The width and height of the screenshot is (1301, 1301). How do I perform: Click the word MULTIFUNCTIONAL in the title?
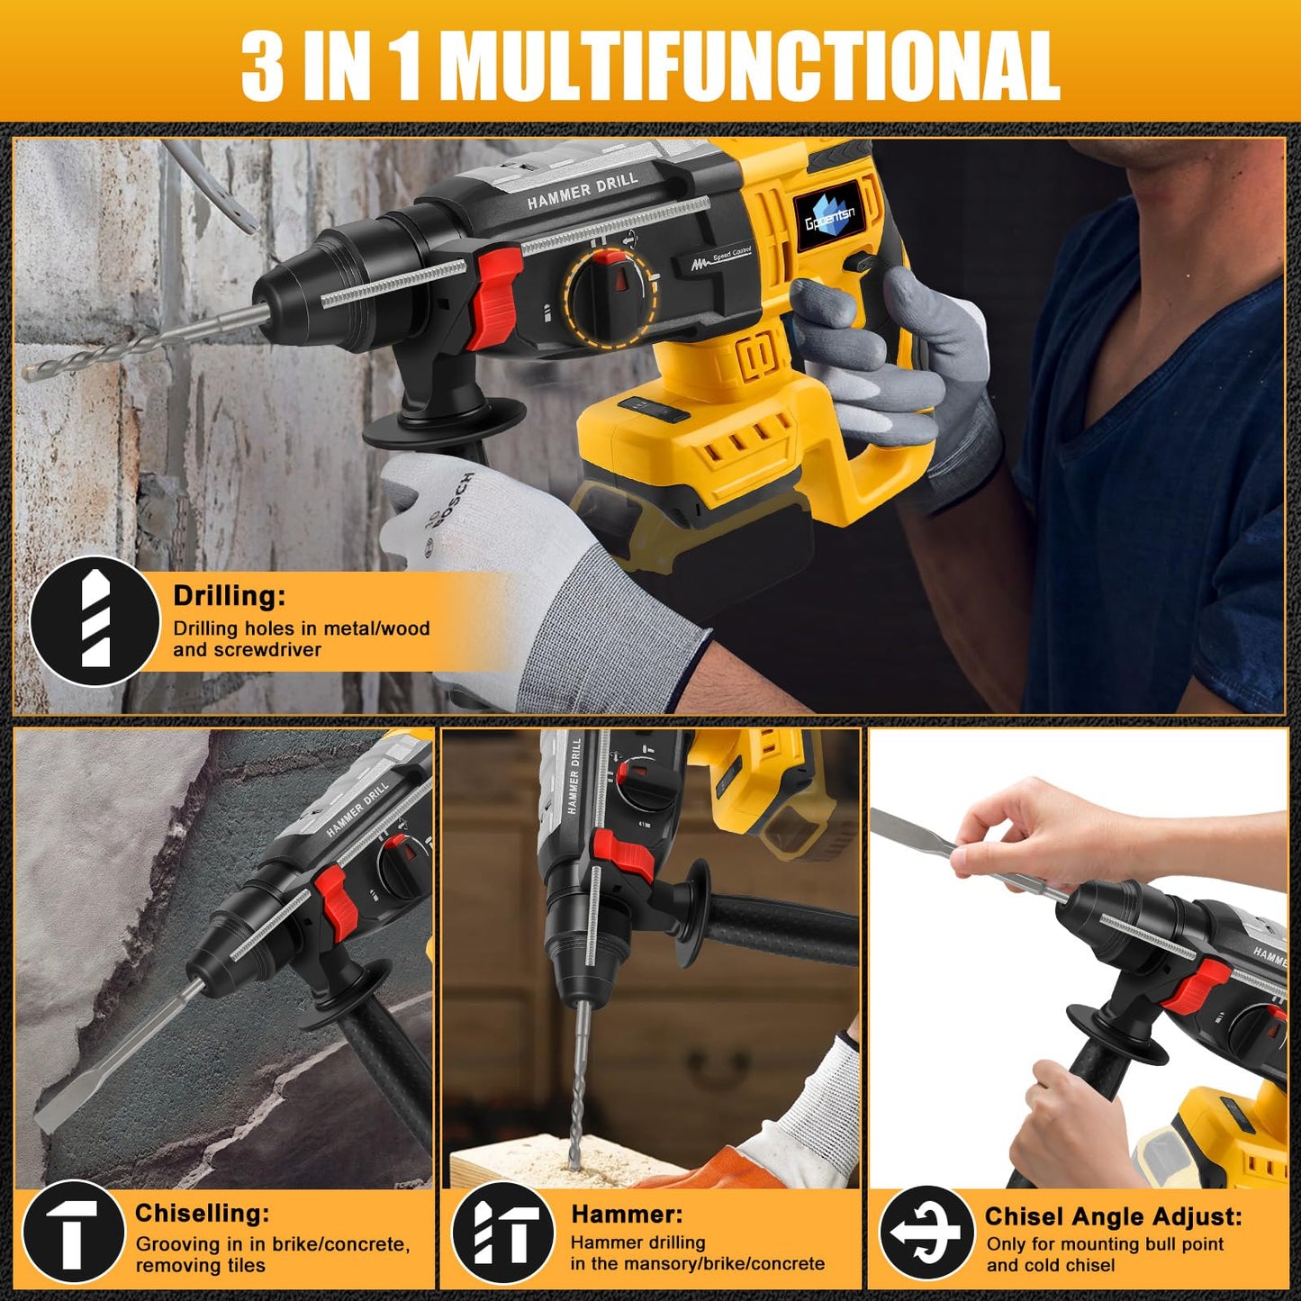point(754,66)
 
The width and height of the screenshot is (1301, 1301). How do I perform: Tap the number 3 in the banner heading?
point(263,66)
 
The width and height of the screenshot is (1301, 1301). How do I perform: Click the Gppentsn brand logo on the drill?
point(829,217)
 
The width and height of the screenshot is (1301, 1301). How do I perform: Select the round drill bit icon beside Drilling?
point(95,622)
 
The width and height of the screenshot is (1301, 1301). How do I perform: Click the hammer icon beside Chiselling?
point(72,1234)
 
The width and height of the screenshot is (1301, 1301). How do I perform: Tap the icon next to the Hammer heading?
point(503,1234)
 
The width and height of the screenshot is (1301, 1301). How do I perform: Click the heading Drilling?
point(229,596)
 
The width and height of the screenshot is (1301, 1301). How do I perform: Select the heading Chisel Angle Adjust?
point(1113,1216)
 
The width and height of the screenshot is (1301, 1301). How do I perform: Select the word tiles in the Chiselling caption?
point(246,1266)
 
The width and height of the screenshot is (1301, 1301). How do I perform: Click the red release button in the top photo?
point(492,298)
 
